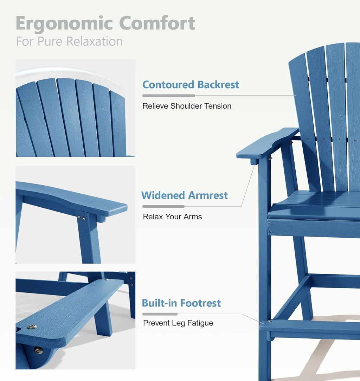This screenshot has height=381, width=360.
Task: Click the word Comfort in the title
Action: click(x=157, y=23)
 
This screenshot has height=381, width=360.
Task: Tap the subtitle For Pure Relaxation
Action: click(x=69, y=41)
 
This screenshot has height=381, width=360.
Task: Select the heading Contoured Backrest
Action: click(x=191, y=85)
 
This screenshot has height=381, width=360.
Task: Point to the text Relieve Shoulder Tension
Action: click(x=187, y=106)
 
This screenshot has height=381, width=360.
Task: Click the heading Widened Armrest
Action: click(x=185, y=195)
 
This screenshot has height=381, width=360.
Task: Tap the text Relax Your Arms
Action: click(x=172, y=217)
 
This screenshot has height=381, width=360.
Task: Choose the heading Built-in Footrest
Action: click(x=181, y=303)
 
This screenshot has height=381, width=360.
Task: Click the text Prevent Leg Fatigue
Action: click(x=178, y=323)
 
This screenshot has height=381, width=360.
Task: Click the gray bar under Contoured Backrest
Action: click(x=168, y=96)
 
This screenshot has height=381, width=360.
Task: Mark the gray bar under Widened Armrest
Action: click(x=163, y=206)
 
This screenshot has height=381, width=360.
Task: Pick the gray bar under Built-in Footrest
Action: click(x=160, y=314)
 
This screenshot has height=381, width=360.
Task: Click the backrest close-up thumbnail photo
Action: click(x=75, y=108)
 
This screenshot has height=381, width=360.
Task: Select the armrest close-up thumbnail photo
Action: click(x=75, y=214)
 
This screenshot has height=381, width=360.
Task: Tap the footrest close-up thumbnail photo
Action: click(x=75, y=320)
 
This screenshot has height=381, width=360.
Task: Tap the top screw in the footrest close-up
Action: click(x=32, y=327)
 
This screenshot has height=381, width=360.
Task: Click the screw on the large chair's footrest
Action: click(x=269, y=321)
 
